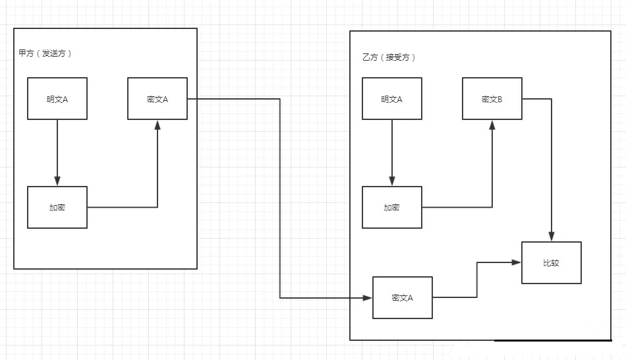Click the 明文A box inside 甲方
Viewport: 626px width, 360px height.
[57, 99]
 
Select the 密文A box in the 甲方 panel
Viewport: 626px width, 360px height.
[157, 99]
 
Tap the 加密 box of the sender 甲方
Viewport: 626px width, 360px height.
[57, 207]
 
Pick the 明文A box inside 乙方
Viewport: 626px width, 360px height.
[392, 99]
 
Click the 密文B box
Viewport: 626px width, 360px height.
[492, 99]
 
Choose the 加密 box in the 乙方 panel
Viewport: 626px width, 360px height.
[392, 207]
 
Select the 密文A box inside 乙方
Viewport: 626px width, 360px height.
[403, 297]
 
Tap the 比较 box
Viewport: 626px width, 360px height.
[552, 262]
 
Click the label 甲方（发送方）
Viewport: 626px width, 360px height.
[45, 53]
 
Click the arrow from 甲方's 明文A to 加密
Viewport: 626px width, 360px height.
[57, 152]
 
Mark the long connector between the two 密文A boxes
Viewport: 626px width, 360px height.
[280, 198]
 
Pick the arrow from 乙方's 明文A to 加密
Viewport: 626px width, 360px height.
[392, 152]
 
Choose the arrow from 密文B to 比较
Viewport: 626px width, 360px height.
[552, 165]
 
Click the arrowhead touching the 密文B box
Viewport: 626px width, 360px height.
[492, 125]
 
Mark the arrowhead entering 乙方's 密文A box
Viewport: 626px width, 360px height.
[368, 298]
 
